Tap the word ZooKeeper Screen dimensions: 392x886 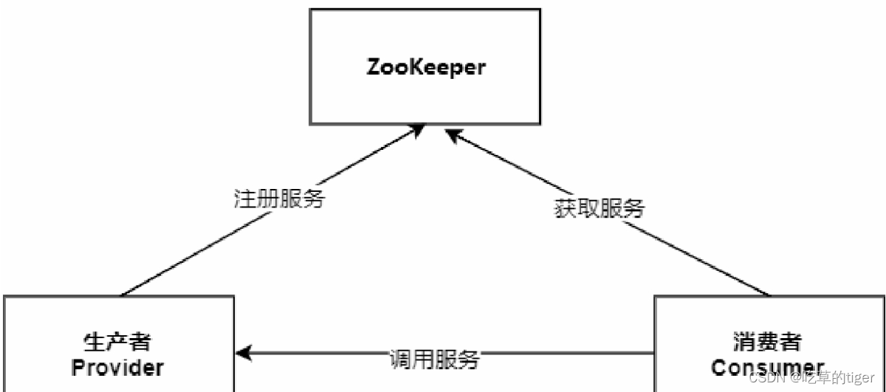tap(427, 67)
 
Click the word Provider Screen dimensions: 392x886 tap(117, 366)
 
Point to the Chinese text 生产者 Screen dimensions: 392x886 tap(117, 342)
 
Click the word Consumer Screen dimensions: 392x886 tap(768, 367)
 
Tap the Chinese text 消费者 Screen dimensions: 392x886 tap(768, 342)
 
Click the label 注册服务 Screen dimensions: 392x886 tap(279, 199)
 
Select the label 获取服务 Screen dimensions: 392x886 tap(599, 208)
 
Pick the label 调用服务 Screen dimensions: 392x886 tap(434, 360)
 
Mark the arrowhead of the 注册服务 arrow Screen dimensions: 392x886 tap(419, 130)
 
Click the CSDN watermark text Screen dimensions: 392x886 tap(763, 377)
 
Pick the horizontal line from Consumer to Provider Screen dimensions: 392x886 tap(561, 354)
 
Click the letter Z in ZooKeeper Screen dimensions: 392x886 tap(374, 67)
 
